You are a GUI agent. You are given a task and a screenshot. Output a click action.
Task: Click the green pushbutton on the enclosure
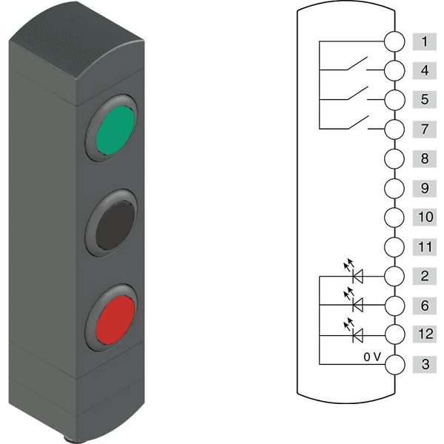tap(115, 130)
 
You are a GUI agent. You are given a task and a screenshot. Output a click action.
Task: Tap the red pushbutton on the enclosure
tap(115, 320)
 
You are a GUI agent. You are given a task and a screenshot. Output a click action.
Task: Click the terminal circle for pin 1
tap(394, 41)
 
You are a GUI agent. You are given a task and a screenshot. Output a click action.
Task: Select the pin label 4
tap(425, 70)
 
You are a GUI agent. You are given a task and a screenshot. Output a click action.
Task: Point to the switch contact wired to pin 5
tap(357, 93)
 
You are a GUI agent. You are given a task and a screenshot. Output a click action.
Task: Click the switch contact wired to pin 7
tap(358, 122)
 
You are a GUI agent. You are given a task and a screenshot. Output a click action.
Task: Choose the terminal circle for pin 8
tap(394, 159)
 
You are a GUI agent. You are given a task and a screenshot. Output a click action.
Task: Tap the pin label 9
tap(425, 188)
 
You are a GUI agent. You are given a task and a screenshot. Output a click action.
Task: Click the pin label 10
tap(425, 217)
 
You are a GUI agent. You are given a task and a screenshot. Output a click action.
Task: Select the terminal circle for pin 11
tap(394, 247)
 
